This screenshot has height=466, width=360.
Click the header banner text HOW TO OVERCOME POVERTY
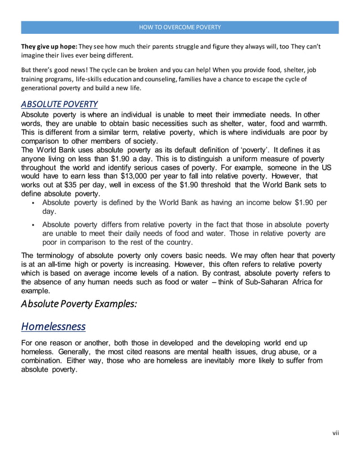click(x=180, y=27)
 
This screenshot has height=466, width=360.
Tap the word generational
click(x=40, y=89)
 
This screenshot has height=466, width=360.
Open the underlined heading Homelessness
click(x=54, y=326)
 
